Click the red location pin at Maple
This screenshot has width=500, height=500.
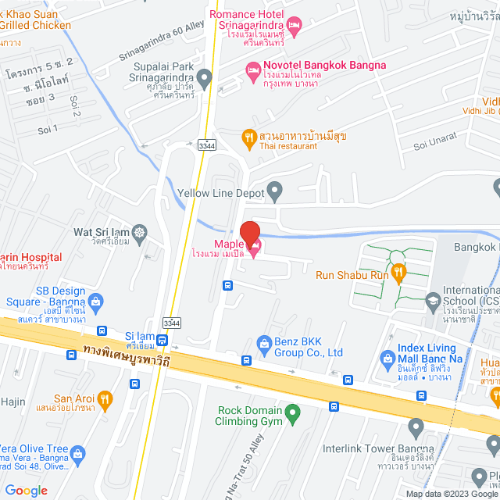[x=249, y=234]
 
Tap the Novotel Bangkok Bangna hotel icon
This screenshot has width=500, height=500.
[x=253, y=71]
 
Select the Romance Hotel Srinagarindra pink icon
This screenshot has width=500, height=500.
[x=294, y=27]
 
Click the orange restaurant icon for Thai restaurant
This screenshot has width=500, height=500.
[x=249, y=137]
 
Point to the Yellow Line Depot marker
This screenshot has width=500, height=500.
[x=274, y=189]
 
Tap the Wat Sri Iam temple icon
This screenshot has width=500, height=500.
[x=140, y=231]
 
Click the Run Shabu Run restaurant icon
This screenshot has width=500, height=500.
[x=399, y=273]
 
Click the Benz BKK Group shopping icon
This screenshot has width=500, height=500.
[x=264, y=342]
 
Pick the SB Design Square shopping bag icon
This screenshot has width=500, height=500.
[x=95, y=300]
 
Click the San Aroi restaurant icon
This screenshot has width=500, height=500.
[x=106, y=398]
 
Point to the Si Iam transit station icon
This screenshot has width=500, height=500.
[x=162, y=340]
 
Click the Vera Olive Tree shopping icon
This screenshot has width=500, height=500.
[x=78, y=452]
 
